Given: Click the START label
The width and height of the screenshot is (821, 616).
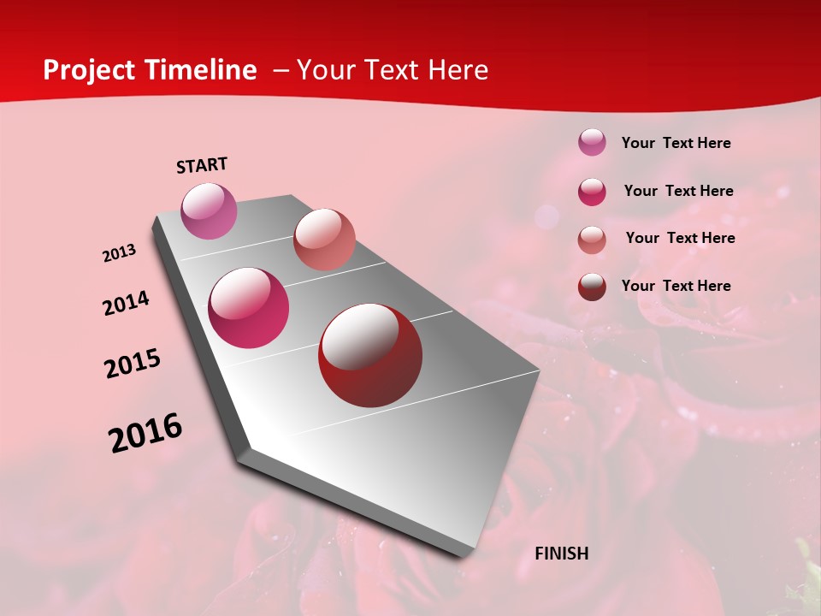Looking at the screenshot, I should pos(202,165).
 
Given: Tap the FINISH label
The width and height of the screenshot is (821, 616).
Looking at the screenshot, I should pos(561,554).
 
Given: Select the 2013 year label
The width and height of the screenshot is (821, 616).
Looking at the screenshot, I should pos(119,253).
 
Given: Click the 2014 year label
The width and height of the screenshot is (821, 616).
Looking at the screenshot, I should pos(126,303).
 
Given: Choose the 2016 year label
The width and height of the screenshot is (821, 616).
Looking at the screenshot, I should pos(145,433).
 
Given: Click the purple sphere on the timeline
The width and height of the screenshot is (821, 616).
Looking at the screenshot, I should pos(209,210).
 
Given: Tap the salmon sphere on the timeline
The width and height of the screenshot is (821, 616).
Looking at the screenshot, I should pos(324,239).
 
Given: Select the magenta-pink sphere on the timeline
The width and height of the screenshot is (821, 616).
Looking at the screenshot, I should pos(249,308).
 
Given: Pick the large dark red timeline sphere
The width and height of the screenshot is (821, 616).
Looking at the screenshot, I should pos(370,354).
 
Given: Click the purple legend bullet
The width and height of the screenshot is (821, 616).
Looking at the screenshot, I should pos(592,142).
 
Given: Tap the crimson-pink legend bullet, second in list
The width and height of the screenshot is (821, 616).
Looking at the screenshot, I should pos(592,191).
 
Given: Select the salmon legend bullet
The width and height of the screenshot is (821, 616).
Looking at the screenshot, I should pos(592,239).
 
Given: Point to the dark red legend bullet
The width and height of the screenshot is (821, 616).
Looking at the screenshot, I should pos(592,287).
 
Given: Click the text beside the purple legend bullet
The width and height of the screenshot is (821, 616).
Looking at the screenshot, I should pos(676,143).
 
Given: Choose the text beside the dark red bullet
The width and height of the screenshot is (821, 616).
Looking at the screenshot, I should pos(676,286).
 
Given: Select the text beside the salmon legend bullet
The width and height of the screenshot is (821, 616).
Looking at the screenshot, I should pos(680,238).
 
